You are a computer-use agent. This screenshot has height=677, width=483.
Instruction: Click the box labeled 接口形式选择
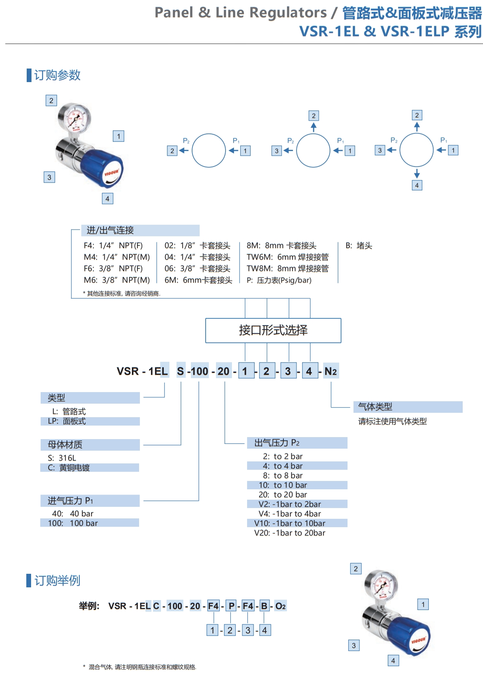[273, 330]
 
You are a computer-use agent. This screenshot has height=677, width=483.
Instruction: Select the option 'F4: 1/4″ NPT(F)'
[113, 245]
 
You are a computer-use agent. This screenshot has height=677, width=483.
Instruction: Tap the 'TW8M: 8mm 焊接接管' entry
[287, 269]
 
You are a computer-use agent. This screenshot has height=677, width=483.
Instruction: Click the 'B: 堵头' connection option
[359, 245]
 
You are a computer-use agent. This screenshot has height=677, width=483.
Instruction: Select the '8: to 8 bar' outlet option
[283, 475]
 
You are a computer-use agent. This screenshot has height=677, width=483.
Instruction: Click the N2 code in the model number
[331, 371]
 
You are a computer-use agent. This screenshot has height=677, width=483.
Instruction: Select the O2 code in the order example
[281, 606]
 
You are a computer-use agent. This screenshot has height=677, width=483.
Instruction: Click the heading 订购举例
[57, 581]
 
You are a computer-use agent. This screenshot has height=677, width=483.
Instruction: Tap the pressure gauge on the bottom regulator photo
[381, 585]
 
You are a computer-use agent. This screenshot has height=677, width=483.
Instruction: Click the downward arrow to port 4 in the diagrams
[417, 173]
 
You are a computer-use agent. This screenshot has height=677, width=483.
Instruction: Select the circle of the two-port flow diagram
[209, 150]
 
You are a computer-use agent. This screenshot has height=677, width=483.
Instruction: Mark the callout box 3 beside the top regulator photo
[49, 177]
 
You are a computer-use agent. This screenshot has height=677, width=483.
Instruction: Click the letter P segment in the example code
[231, 606]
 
